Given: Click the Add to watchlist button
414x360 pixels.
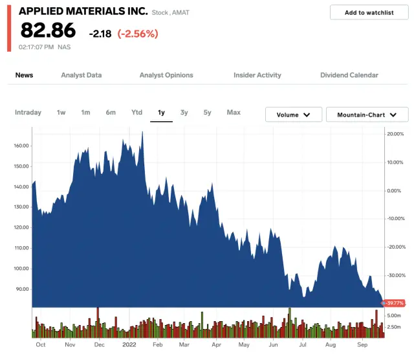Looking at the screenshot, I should point(368,12).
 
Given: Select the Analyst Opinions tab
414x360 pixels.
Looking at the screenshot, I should point(166,75).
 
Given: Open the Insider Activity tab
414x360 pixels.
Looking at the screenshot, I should point(257,75).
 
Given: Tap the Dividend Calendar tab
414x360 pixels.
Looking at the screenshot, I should point(349,75).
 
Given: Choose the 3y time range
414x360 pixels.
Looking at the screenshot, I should point(184,113).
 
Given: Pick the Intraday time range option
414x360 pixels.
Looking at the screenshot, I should point(28,113).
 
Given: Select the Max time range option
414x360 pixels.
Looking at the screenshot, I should point(234,113).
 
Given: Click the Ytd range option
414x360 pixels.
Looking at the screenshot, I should point(136,113).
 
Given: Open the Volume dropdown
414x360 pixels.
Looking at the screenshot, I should point(294,115).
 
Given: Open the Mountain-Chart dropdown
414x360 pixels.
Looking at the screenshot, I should point(367,115).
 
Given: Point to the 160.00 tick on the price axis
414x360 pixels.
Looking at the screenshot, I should point(21,146).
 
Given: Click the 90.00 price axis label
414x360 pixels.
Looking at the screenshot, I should point(23,289).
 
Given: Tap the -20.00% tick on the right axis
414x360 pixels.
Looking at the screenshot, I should point(395,247).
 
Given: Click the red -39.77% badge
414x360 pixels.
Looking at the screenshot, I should point(395,303).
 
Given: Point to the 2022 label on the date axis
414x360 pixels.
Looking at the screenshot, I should point(129,345).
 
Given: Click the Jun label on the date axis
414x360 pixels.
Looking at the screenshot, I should point(274,345).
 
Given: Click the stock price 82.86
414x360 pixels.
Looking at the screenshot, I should point(48,30).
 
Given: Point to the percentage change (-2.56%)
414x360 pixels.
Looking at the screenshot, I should point(138,33).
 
